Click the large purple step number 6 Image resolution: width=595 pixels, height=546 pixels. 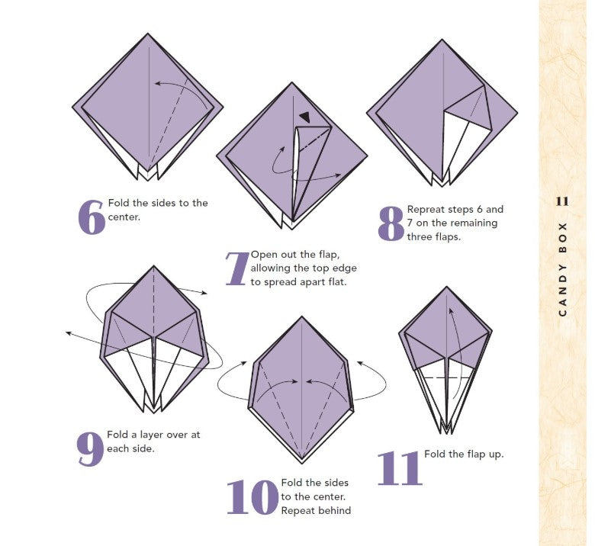coord(91,217)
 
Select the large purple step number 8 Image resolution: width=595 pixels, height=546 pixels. coord(391,224)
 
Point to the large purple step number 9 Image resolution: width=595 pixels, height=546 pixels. coord(90,449)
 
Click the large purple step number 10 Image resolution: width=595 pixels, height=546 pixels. coord(252,497)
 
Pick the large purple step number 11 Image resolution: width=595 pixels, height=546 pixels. coord(400,468)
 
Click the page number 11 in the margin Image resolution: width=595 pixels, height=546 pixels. coord(562,201)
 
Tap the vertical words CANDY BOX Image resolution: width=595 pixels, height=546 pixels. coord(563,269)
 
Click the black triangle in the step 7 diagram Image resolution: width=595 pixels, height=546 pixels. coord(304,117)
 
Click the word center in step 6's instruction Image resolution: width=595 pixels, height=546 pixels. coord(124,217)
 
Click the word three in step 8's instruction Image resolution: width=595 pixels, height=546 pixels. coord(420,237)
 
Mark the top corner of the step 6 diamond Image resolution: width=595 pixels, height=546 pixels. coord(148,34)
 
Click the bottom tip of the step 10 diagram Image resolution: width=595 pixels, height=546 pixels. coord(301,463)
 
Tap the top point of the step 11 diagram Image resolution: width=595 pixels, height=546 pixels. coord(446,287)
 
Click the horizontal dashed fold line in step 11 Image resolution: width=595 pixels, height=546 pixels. coord(446,378)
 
